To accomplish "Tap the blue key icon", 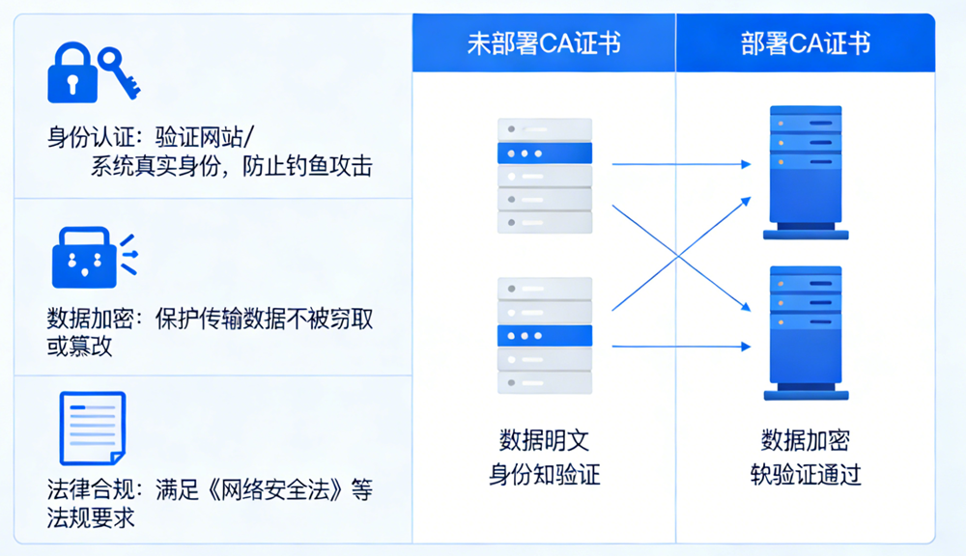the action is (118, 72).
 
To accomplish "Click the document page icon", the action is (93, 428).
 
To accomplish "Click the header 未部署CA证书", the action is (544, 43).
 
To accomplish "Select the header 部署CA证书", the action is (806, 43).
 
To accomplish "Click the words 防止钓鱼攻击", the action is (307, 166).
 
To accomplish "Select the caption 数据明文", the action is (544, 440).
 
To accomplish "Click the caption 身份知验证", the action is (544, 475).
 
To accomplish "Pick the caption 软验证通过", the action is (806, 475).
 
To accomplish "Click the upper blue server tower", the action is (806, 173).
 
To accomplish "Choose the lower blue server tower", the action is (806, 333).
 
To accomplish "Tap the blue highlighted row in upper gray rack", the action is (545, 153).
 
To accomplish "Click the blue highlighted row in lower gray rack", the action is (545, 336).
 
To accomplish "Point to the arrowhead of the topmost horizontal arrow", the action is (747, 164).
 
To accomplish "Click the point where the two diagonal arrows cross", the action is (678, 256).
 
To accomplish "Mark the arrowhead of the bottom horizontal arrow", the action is (747, 347).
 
